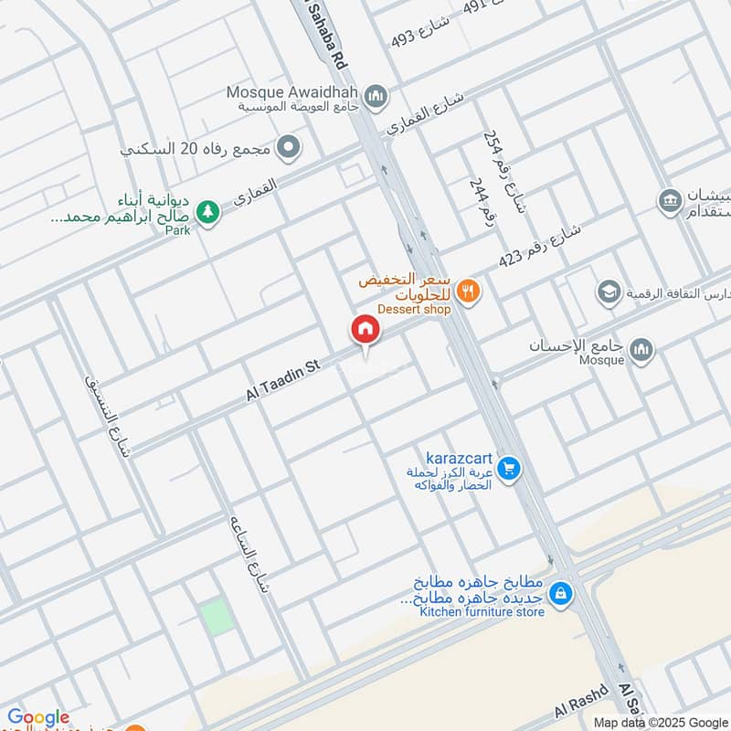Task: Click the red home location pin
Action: tap(365, 331)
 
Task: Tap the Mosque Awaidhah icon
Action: tap(375, 95)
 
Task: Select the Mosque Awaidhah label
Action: tap(296, 91)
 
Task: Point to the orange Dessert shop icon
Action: tap(469, 291)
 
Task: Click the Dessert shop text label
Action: tap(415, 310)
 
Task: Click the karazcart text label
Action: tap(460, 456)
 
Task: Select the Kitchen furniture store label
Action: tap(482, 611)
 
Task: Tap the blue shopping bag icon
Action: tap(562, 594)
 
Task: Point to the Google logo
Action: tap(38, 717)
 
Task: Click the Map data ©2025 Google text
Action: tap(672, 721)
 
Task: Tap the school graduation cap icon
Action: tap(607, 292)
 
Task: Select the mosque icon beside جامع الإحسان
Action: tap(641, 349)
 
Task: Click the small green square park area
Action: tap(217, 618)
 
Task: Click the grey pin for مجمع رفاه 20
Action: tap(289, 146)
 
